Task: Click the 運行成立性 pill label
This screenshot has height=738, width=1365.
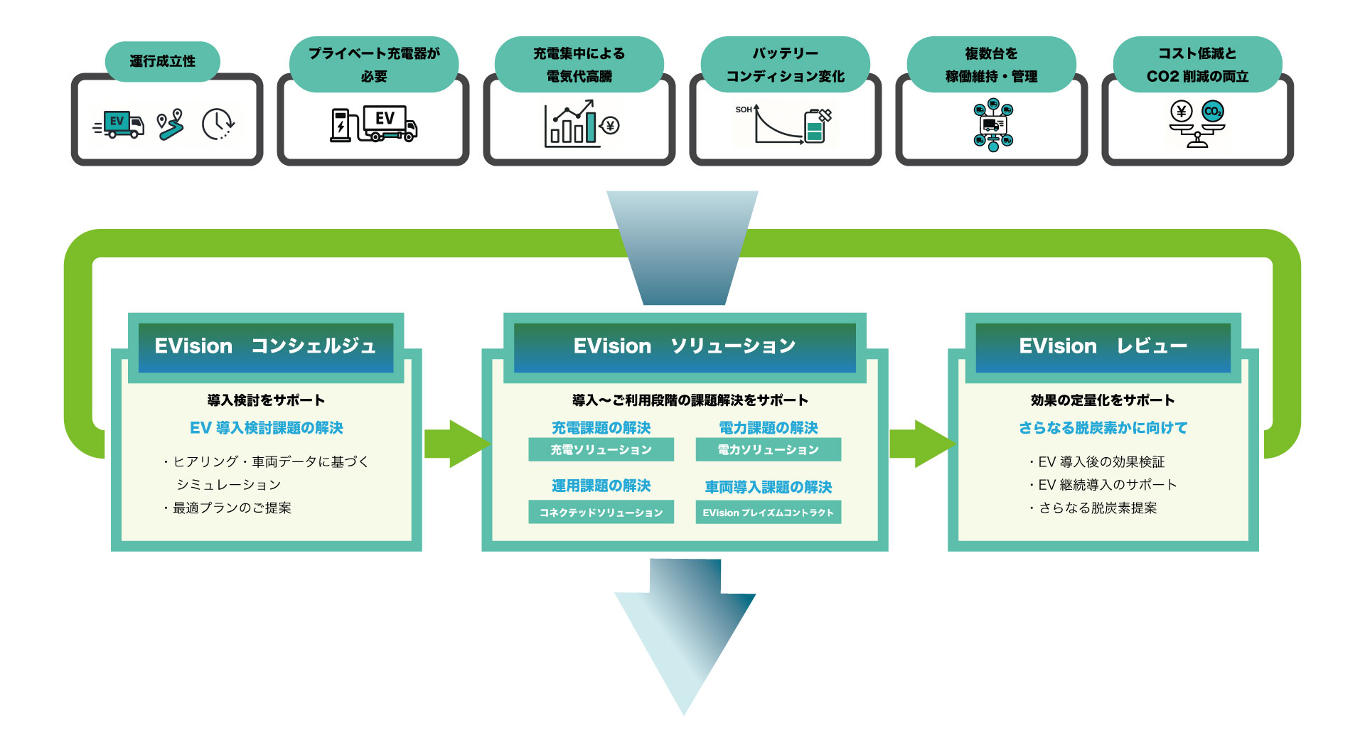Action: [162, 61]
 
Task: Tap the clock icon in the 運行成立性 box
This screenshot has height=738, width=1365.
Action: [218, 124]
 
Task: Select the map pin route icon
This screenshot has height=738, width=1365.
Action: [171, 124]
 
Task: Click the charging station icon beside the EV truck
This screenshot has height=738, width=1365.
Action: [342, 125]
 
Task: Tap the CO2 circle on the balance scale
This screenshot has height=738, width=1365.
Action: [1213, 112]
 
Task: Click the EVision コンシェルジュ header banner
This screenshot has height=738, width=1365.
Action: [265, 347]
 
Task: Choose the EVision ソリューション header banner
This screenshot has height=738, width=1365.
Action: [685, 347]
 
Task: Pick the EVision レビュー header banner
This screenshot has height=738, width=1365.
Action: [1103, 347]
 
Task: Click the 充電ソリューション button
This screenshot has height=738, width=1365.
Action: [601, 449]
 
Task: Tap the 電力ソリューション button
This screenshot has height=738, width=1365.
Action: [768, 449]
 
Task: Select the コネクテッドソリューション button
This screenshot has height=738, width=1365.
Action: [601, 513]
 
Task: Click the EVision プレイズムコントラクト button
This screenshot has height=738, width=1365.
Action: [768, 513]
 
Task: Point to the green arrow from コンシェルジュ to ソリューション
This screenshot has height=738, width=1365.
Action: [455, 444]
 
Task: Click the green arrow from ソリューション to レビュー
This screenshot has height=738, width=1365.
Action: [920, 444]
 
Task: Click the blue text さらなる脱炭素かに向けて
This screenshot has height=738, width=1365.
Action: [1103, 428]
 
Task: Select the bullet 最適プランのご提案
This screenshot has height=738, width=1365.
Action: [232, 508]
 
